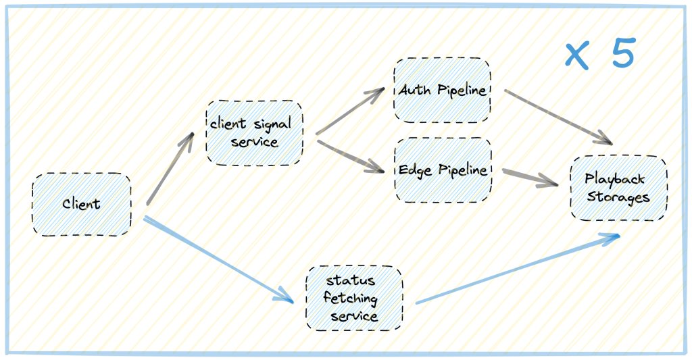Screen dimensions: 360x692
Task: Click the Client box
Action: click(81, 205)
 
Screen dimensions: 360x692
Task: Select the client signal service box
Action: click(254, 133)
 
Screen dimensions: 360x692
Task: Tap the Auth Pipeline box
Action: click(442, 91)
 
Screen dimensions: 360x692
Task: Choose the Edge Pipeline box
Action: click(443, 170)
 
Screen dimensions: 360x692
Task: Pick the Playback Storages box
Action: click(618, 188)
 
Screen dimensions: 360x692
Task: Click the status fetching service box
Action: click(353, 298)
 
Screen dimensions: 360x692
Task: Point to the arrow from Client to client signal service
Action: click(170, 168)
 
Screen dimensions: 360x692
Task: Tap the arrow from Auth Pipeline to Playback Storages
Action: click(558, 116)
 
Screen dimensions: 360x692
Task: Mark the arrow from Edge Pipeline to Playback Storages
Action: click(530, 178)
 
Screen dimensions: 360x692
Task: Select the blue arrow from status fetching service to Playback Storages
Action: click(517, 269)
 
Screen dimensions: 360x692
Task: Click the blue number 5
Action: click(624, 53)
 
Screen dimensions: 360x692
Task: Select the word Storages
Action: click(618, 197)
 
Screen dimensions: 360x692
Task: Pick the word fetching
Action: click(350, 298)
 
